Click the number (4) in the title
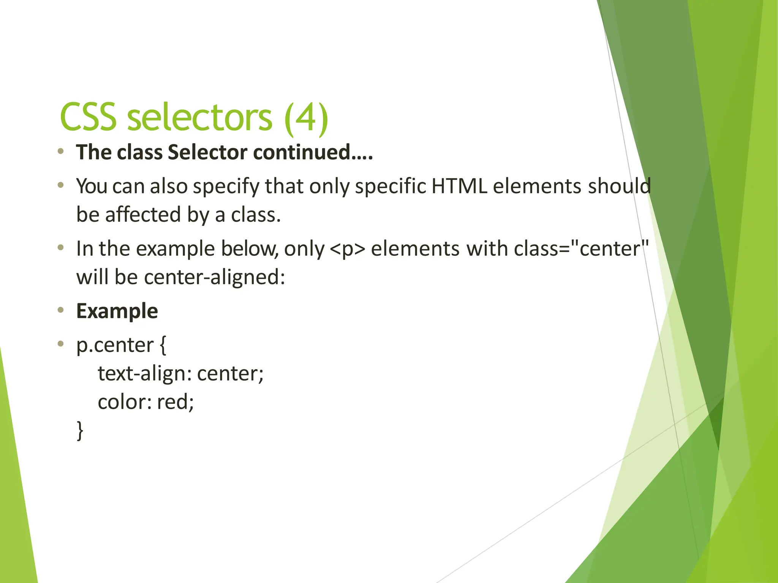306,118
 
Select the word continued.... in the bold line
313,152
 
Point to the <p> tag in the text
347,249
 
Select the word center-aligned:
215,277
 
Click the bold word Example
117,311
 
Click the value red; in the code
175,402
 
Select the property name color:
125,402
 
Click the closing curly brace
80,430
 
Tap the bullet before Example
60,310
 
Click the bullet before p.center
60,344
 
